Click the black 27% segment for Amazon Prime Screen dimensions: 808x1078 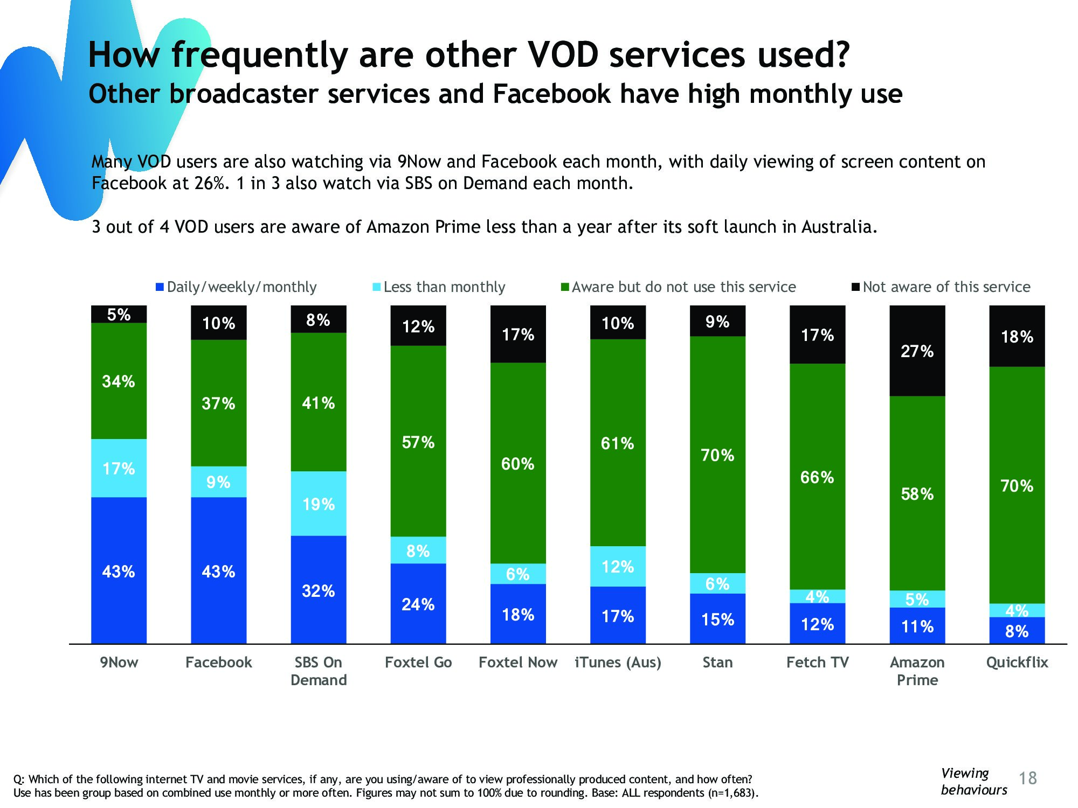pos(917,351)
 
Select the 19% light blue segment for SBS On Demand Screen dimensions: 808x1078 pos(319,504)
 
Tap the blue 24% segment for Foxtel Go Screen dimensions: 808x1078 pos(418,604)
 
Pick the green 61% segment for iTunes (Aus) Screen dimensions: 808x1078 pos(618,443)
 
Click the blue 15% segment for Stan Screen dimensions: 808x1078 pos(717,619)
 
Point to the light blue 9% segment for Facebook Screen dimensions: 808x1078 pos(218,482)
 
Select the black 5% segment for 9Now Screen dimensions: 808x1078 pos(119,314)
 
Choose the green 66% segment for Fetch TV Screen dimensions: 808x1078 pos(817,477)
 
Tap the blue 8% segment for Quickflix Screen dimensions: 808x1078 pos(1017,631)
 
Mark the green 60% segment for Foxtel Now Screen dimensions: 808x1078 pos(518,463)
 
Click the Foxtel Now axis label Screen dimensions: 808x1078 pos(518,662)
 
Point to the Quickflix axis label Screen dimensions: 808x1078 pos(1017,662)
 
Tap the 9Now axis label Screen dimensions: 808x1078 pos(119,662)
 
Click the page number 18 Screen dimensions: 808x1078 pos(1028,778)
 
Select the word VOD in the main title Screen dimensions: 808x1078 pos(563,55)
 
